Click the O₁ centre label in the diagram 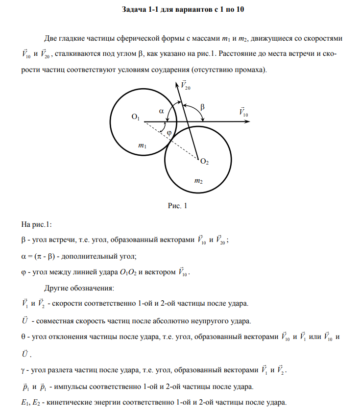tap(136, 117)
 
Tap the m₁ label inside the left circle tap(142, 145)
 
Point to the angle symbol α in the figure tap(162, 111)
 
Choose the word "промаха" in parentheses tap(250, 70)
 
